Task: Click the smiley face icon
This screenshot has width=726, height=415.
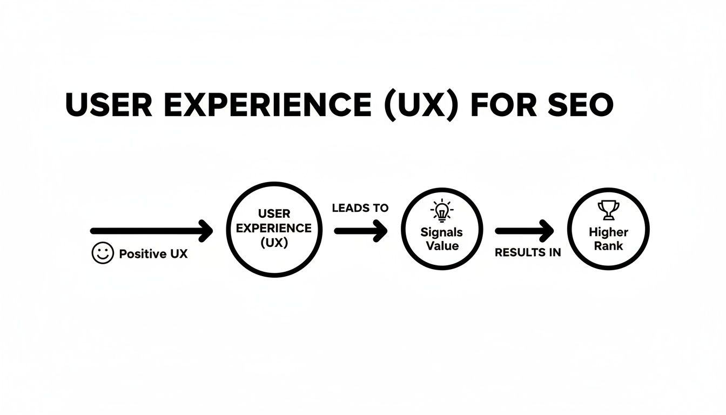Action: [x=103, y=253]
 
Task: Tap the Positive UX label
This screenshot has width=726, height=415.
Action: [x=153, y=253]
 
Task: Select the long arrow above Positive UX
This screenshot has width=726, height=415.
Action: [x=146, y=231]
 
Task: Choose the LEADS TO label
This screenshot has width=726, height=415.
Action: [x=360, y=209]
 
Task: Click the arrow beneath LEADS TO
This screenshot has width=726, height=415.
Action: [x=360, y=231]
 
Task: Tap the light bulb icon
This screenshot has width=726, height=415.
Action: [x=442, y=211]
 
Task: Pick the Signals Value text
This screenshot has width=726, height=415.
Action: [x=442, y=239]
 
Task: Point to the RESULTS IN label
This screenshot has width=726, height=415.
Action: [x=528, y=252]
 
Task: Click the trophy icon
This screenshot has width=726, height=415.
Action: [x=608, y=210]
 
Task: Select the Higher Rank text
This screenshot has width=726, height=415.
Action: [x=608, y=239]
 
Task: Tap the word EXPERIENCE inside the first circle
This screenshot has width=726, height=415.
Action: [x=274, y=227]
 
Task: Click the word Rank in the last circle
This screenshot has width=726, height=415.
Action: [x=608, y=246]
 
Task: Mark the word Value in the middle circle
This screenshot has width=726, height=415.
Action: [x=442, y=246]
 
